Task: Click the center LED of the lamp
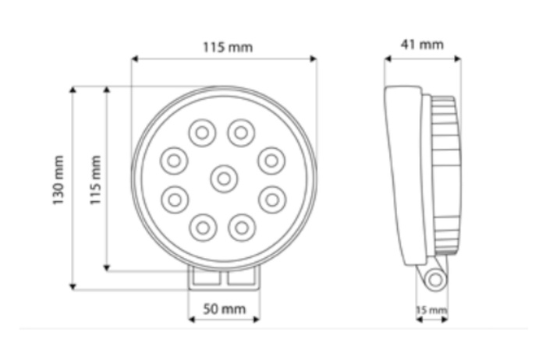224,179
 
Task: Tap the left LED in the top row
202,133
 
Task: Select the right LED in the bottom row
241,228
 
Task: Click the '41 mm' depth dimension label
422,44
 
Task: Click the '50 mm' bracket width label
224,309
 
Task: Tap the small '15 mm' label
431,310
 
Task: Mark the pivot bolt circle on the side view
435,277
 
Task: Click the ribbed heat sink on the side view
445,175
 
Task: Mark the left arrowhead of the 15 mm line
418,319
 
